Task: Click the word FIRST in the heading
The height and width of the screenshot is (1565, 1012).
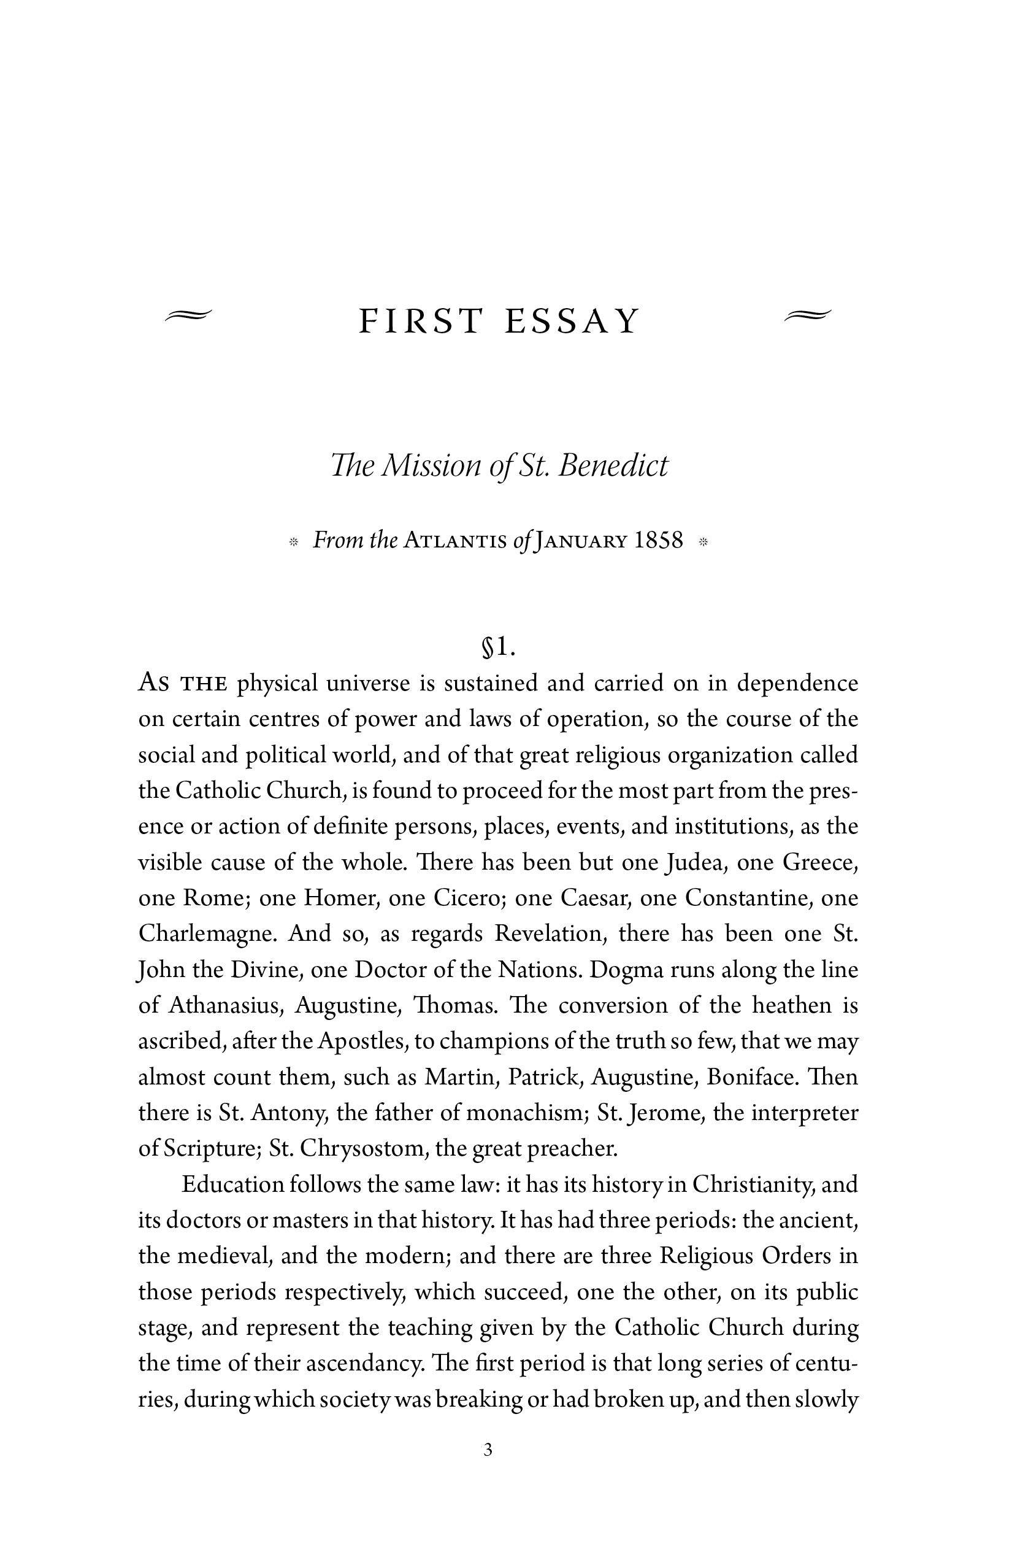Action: [420, 322]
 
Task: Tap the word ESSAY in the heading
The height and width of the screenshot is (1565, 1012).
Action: [572, 322]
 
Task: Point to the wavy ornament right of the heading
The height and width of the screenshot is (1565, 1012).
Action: [808, 315]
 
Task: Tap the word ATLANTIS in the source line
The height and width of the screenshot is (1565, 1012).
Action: [454, 541]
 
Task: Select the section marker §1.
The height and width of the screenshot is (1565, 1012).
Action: [499, 647]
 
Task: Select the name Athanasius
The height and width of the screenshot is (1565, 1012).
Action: [226, 1005]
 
